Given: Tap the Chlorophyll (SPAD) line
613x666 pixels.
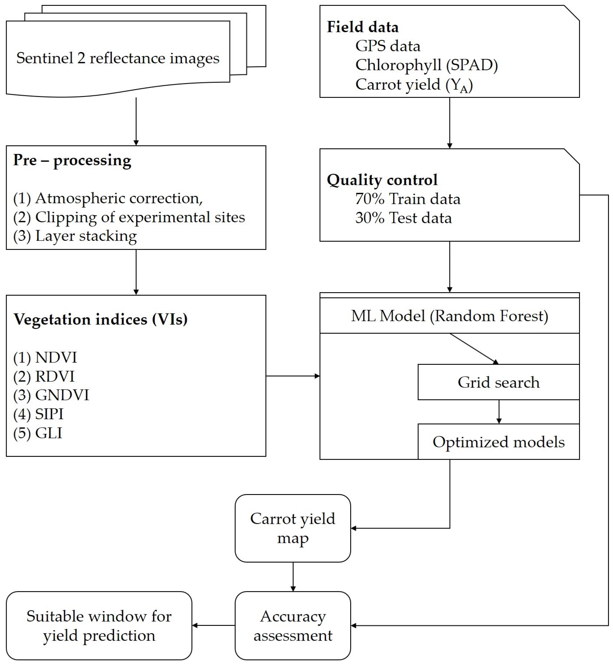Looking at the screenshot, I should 427,65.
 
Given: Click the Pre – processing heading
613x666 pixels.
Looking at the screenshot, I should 72,160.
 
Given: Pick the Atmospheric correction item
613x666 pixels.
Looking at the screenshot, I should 108,198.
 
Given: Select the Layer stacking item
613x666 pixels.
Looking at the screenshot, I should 75,236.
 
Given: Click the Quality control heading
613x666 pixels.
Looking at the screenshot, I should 382,180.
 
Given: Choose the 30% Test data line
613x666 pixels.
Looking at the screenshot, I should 403,218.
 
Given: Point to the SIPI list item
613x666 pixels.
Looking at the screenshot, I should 38,414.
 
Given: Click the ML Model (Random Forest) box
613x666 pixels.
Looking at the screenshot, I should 449,316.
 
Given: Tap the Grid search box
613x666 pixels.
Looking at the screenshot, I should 498,382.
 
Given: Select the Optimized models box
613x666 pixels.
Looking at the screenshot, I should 498,442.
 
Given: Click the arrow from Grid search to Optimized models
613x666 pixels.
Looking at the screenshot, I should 499,412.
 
